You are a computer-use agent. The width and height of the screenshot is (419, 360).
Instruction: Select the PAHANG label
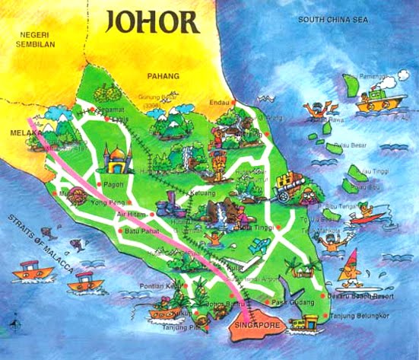163,76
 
